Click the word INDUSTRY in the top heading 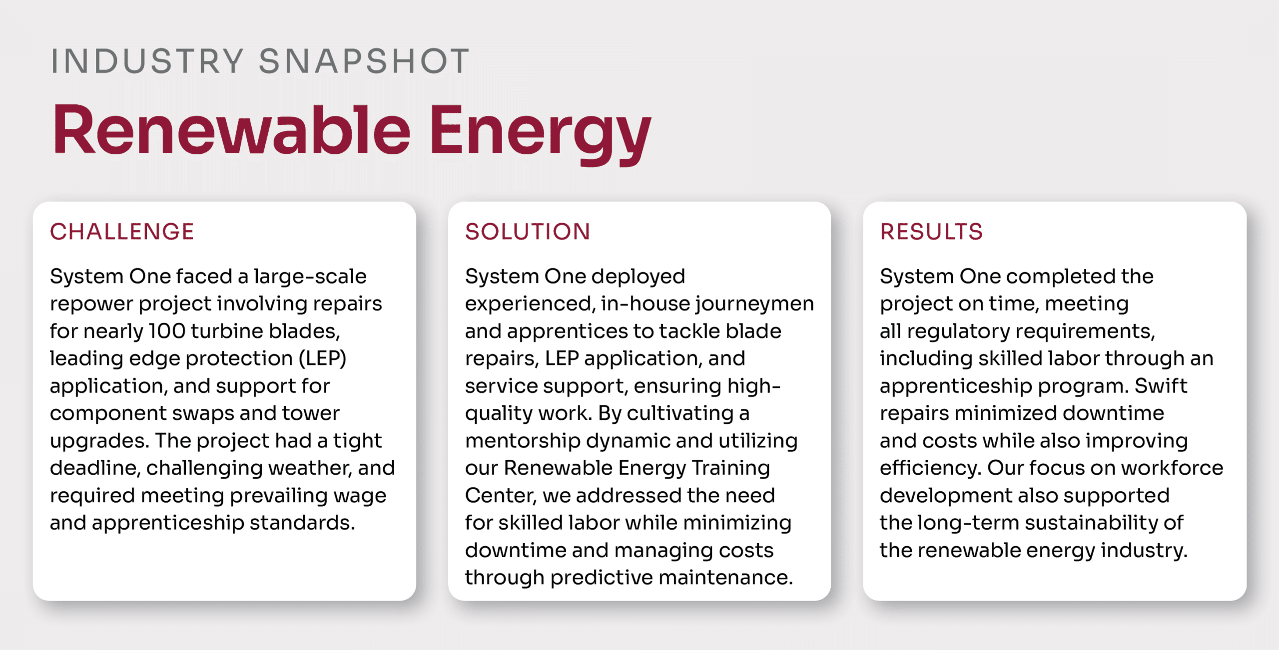147,61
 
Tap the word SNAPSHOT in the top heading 364,61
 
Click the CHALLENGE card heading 122,232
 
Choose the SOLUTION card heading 528,232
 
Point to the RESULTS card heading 931,232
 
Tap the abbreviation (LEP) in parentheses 323,358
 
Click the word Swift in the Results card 1161,386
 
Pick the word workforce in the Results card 1172,468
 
